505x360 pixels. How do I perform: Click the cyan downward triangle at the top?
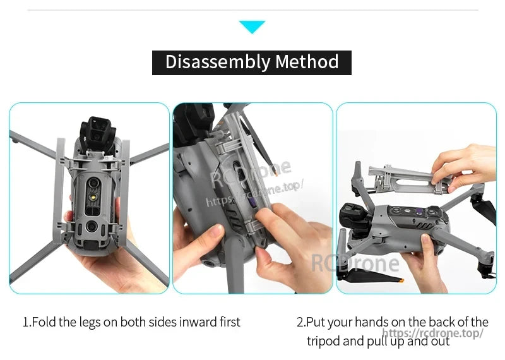coord(252,27)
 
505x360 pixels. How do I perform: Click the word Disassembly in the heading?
coord(217,62)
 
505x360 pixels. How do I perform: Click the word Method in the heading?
coord(307,62)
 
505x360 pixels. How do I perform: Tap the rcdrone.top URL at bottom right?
coord(433,333)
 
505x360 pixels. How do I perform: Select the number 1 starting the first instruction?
coord(26,322)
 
